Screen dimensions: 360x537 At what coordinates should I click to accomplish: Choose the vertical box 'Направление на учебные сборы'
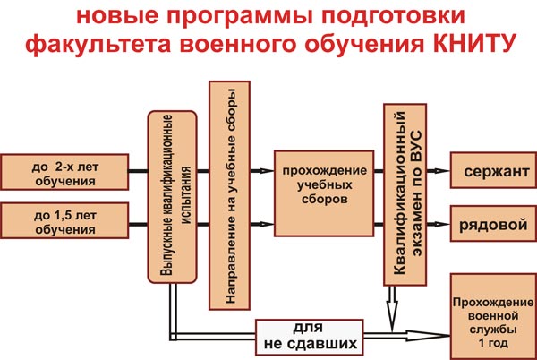click(x=228, y=195)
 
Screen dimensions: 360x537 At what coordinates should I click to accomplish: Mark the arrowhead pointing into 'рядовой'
click(x=441, y=224)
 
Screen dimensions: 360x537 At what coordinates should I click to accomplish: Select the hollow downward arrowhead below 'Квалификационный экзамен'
click(x=392, y=311)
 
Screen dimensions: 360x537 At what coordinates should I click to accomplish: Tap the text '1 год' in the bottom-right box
click(x=491, y=345)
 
